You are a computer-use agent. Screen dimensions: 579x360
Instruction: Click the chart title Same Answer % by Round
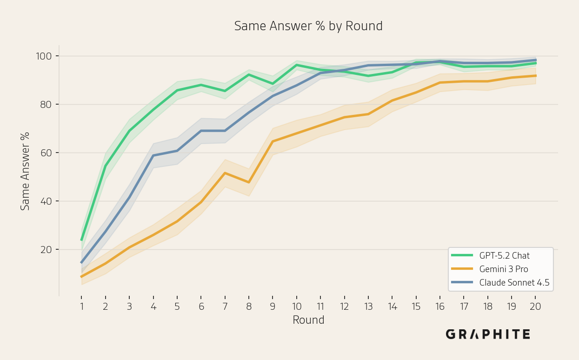point(308,26)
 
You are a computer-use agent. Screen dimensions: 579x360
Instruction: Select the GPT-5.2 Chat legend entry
point(490,256)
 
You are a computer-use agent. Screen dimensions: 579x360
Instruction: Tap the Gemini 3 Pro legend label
point(504,269)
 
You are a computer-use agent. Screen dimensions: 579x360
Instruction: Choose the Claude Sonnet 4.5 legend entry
point(500,282)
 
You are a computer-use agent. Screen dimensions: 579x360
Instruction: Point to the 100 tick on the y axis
point(44,56)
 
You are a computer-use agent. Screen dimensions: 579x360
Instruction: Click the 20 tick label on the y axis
point(46,250)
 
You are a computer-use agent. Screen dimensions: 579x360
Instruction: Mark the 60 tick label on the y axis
point(46,153)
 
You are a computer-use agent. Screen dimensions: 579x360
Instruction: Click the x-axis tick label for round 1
point(82,307)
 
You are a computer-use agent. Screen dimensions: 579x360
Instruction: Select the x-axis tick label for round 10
point(297,307)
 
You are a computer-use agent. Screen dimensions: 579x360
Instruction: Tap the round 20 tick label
point(535,307)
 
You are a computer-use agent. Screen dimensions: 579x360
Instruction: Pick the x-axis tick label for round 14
point(393,307)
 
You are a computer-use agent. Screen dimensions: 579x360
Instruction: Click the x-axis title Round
point(308,320)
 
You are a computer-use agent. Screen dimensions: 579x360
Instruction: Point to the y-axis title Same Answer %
point(25,171)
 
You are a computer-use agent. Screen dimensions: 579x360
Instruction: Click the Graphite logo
point(488,334)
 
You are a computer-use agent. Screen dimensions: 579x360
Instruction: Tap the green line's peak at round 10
point(297,65)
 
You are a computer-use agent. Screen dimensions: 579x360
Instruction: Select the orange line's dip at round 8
point(249,182)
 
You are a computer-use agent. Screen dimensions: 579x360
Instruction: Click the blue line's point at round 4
point(153,155)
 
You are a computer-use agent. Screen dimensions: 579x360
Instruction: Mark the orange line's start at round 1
point(81,277)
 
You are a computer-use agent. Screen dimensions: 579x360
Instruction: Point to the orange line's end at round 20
point(536,76)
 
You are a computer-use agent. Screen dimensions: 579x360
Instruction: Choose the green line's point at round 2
point(106,166)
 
